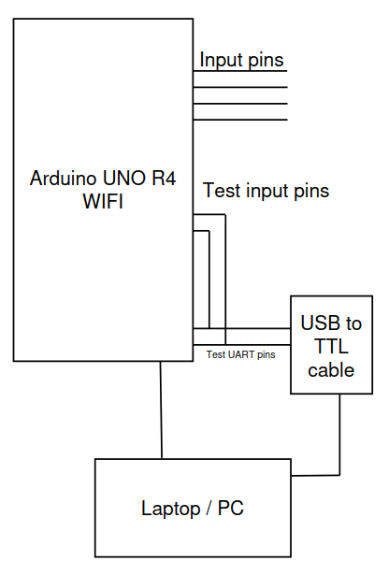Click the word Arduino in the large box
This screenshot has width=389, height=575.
pyautogui.click(x=64, y=179)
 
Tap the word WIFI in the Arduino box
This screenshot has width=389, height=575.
pyautogui.click(x=103, y=201)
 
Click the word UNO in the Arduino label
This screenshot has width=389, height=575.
pyautogui.click(x=124, y=179)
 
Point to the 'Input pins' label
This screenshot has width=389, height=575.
pyautogui.click(x=241, y=60)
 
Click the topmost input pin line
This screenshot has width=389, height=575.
pyautogui.click(x=240, y=71)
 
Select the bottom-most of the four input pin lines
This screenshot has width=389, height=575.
pyautogui.click(x=240, y=120)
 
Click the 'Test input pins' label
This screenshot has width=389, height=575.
pyautogui.click(x=266, y=191)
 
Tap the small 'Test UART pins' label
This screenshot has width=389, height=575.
pyautogui.click(x=240, y=354)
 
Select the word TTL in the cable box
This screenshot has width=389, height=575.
pyautogui.click(x=331, y=346)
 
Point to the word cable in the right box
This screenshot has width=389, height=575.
pyautogui.click(x=331, y=370)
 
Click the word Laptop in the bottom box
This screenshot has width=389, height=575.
pyautogui.click(x=171, y=509)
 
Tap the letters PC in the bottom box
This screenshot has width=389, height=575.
pyautogui.click(x=231, y=509)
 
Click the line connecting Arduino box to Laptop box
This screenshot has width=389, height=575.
pyautogui.click(x=161, y=410)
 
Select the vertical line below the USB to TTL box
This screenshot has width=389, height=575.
pyautogui.click(x=339, y=435)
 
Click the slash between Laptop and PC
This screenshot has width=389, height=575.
pyautogui.click(x=209, y=509)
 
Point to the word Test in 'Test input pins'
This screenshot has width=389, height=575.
pyautogui.click(x=222, y=191)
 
